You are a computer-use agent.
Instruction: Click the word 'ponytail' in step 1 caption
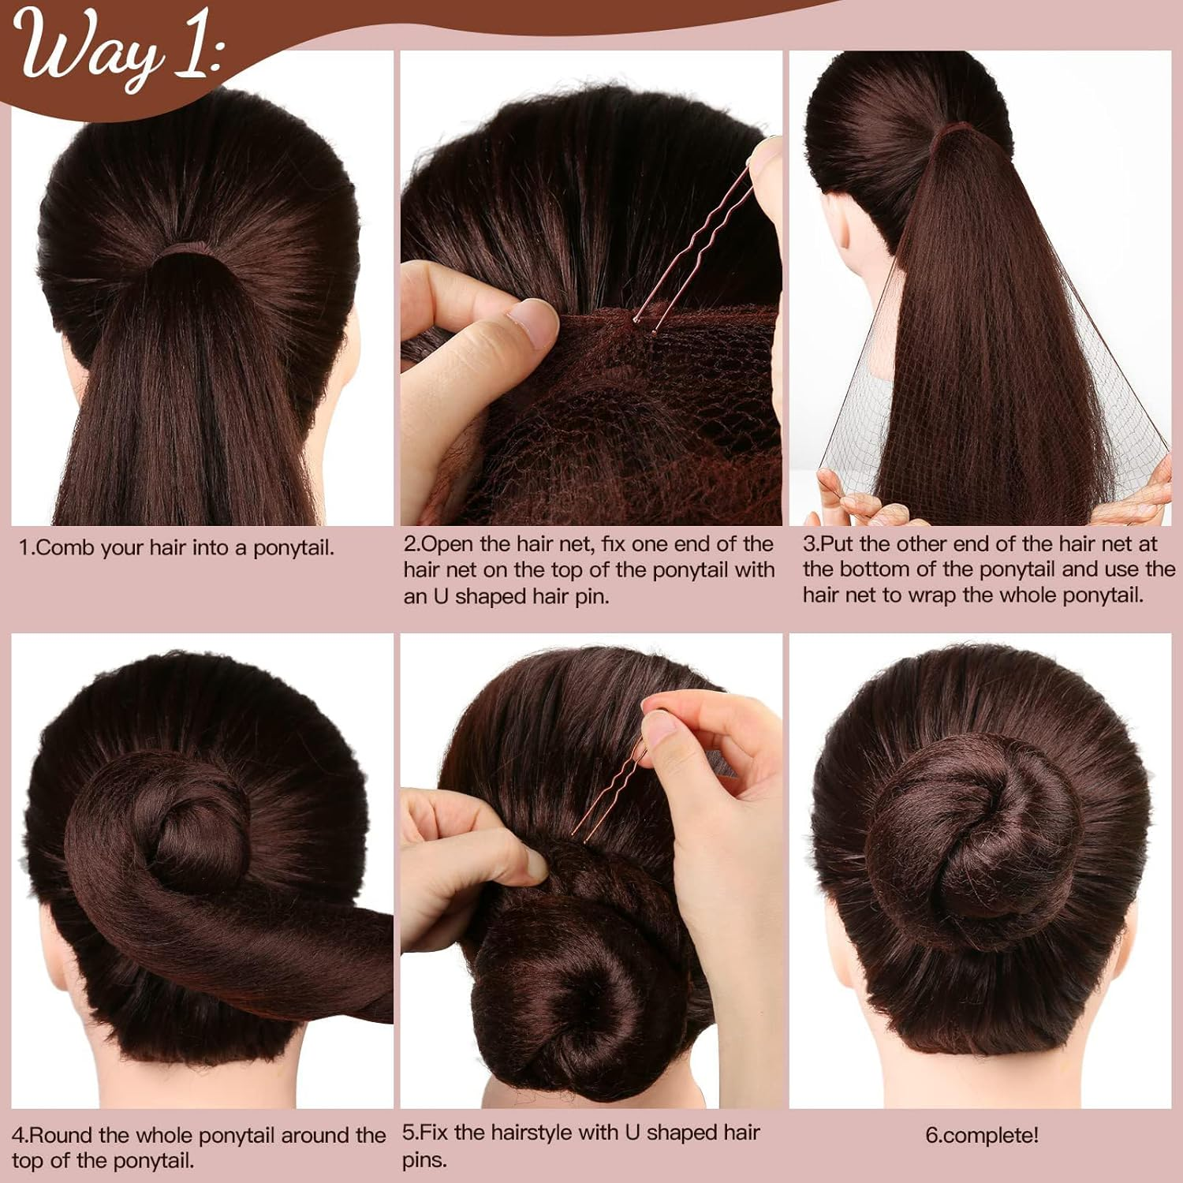(293, 548)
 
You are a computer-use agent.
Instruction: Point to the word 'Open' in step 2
(449, 544)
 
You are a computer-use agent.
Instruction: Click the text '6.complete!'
(982, 1136)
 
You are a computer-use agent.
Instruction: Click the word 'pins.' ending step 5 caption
(424, 1160)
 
